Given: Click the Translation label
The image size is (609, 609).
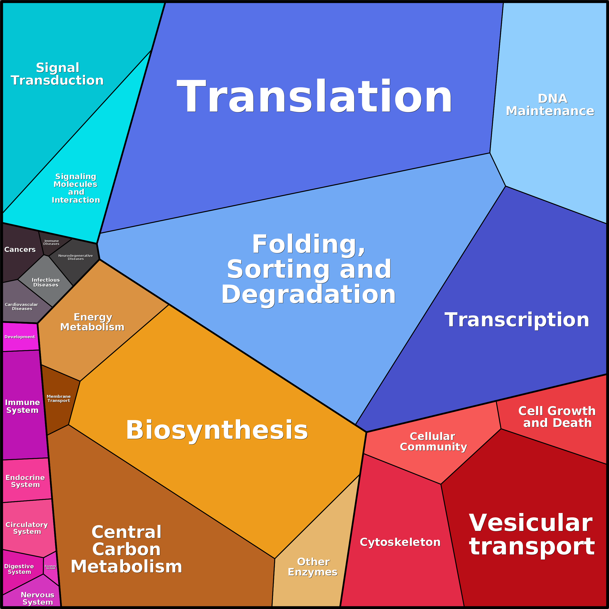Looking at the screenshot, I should pos(314,96).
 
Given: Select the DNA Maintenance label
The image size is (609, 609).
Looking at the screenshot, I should pos(550,105).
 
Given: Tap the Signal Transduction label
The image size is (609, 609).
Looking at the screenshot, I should pos(57,74).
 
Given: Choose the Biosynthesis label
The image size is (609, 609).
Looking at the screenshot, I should pos(217,430).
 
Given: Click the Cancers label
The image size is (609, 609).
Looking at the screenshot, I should pos(20,250).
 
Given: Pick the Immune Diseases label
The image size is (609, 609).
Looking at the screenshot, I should pos(51,242).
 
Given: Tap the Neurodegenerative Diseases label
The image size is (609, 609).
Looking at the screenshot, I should pos(76,257).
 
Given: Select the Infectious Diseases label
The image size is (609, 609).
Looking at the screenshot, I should pos(46,282).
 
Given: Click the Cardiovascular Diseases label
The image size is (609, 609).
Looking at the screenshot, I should pos(21,307).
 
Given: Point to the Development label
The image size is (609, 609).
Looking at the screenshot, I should pos(20,337).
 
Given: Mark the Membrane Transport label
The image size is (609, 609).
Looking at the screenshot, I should pos(59,398).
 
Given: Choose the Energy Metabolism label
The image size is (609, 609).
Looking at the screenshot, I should pos(92,322).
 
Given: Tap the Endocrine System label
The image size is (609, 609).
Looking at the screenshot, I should pos(25,481).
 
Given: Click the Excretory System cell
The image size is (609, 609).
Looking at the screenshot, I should pos(51,567).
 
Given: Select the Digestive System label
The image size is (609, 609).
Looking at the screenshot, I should pos(19,569).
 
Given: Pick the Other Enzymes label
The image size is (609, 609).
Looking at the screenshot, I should pos(313,567).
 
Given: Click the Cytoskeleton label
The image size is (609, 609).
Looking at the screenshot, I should pos(400,542).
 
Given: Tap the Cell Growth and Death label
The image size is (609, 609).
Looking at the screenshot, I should pos(557,417).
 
